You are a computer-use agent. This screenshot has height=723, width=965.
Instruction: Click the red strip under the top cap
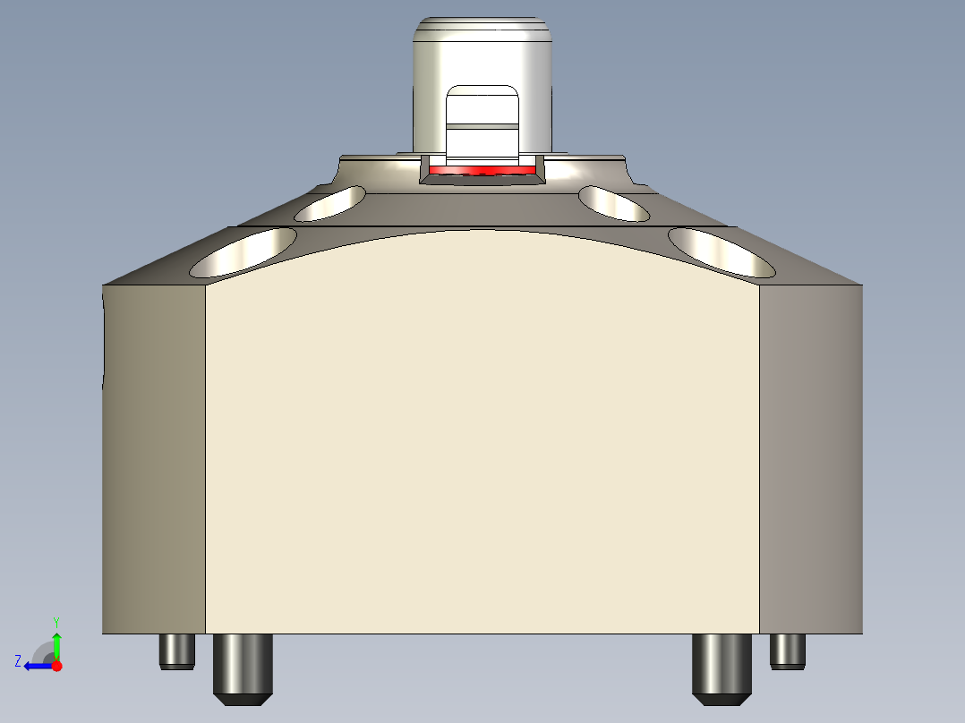tap(482, 169)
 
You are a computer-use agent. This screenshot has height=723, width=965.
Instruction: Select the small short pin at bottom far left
tap(176, 651)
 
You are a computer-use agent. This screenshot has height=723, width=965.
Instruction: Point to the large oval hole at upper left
tap(243, 251)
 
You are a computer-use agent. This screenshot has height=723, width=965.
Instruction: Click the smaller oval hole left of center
tap(330, 204)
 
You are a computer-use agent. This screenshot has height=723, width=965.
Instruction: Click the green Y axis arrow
tap(56, 643)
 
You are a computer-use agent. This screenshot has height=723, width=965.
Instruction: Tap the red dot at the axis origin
tap(56, 666)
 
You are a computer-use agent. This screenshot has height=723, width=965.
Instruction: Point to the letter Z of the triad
tap(18, 660)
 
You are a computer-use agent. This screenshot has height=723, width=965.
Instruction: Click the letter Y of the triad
tap(56, 621)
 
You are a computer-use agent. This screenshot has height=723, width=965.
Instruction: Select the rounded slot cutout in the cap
tap(482, 107)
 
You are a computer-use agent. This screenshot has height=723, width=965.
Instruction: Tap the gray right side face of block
tap(810, 456)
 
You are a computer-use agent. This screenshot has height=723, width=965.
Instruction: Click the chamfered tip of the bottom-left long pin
tap(242, 699)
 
